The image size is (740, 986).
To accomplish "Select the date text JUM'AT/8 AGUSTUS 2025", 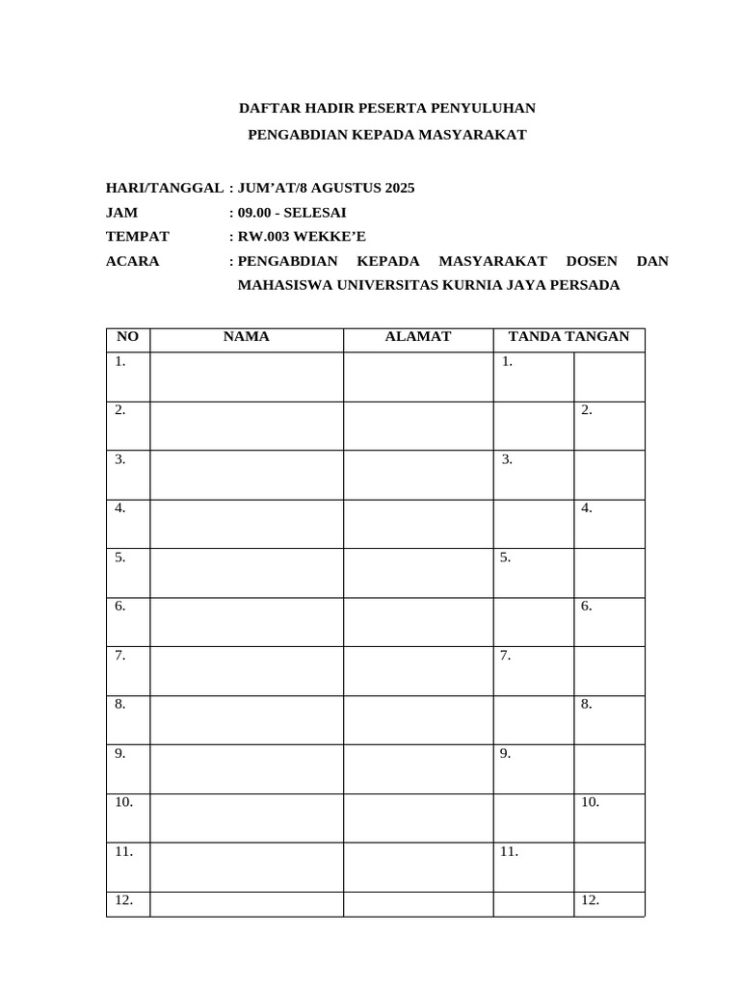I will pos(326,188).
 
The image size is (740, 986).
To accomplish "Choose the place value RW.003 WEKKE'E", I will pos(302,236).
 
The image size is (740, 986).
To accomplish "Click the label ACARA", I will pos(133,261).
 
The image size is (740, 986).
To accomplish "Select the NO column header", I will pos(127,337).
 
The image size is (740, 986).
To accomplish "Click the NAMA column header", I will pos(247,337).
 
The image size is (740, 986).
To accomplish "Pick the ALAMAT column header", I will pos(418,337).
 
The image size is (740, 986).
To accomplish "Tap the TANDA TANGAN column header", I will pos(568,337).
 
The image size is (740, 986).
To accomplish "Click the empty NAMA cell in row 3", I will pos(247,475).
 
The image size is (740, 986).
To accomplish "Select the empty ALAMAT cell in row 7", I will pos(418,671).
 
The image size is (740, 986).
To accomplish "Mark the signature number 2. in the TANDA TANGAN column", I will pos(587,410).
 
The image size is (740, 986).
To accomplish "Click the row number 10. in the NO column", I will pos(124,802).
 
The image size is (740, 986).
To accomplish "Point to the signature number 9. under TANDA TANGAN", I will pos(505,753).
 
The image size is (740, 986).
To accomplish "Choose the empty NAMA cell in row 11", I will pos(247,867).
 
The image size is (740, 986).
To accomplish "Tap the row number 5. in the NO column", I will pos(120,558).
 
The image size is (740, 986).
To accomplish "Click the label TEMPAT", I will pos(138,236).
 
